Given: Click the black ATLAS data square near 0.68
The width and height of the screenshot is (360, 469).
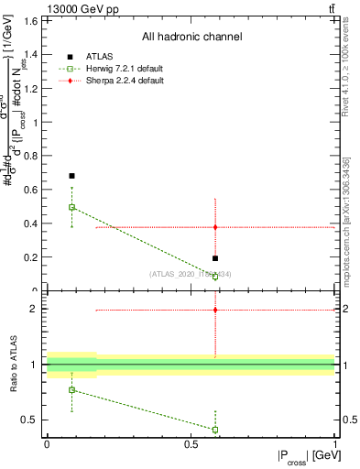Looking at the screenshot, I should coord(72,175).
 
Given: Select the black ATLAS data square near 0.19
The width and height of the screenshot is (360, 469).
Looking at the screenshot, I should coord(215,258).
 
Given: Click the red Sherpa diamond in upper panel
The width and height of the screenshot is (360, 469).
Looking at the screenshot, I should coord(215,226).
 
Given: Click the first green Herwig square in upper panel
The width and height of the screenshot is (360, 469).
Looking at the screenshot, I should coord(72,207).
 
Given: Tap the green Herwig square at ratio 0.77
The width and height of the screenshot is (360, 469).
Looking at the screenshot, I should coord(72,390).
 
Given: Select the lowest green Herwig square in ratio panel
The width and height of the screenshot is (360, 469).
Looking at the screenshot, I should coord(215,429).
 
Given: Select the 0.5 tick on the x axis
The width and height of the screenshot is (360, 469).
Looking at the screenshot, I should coord(191,443).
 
